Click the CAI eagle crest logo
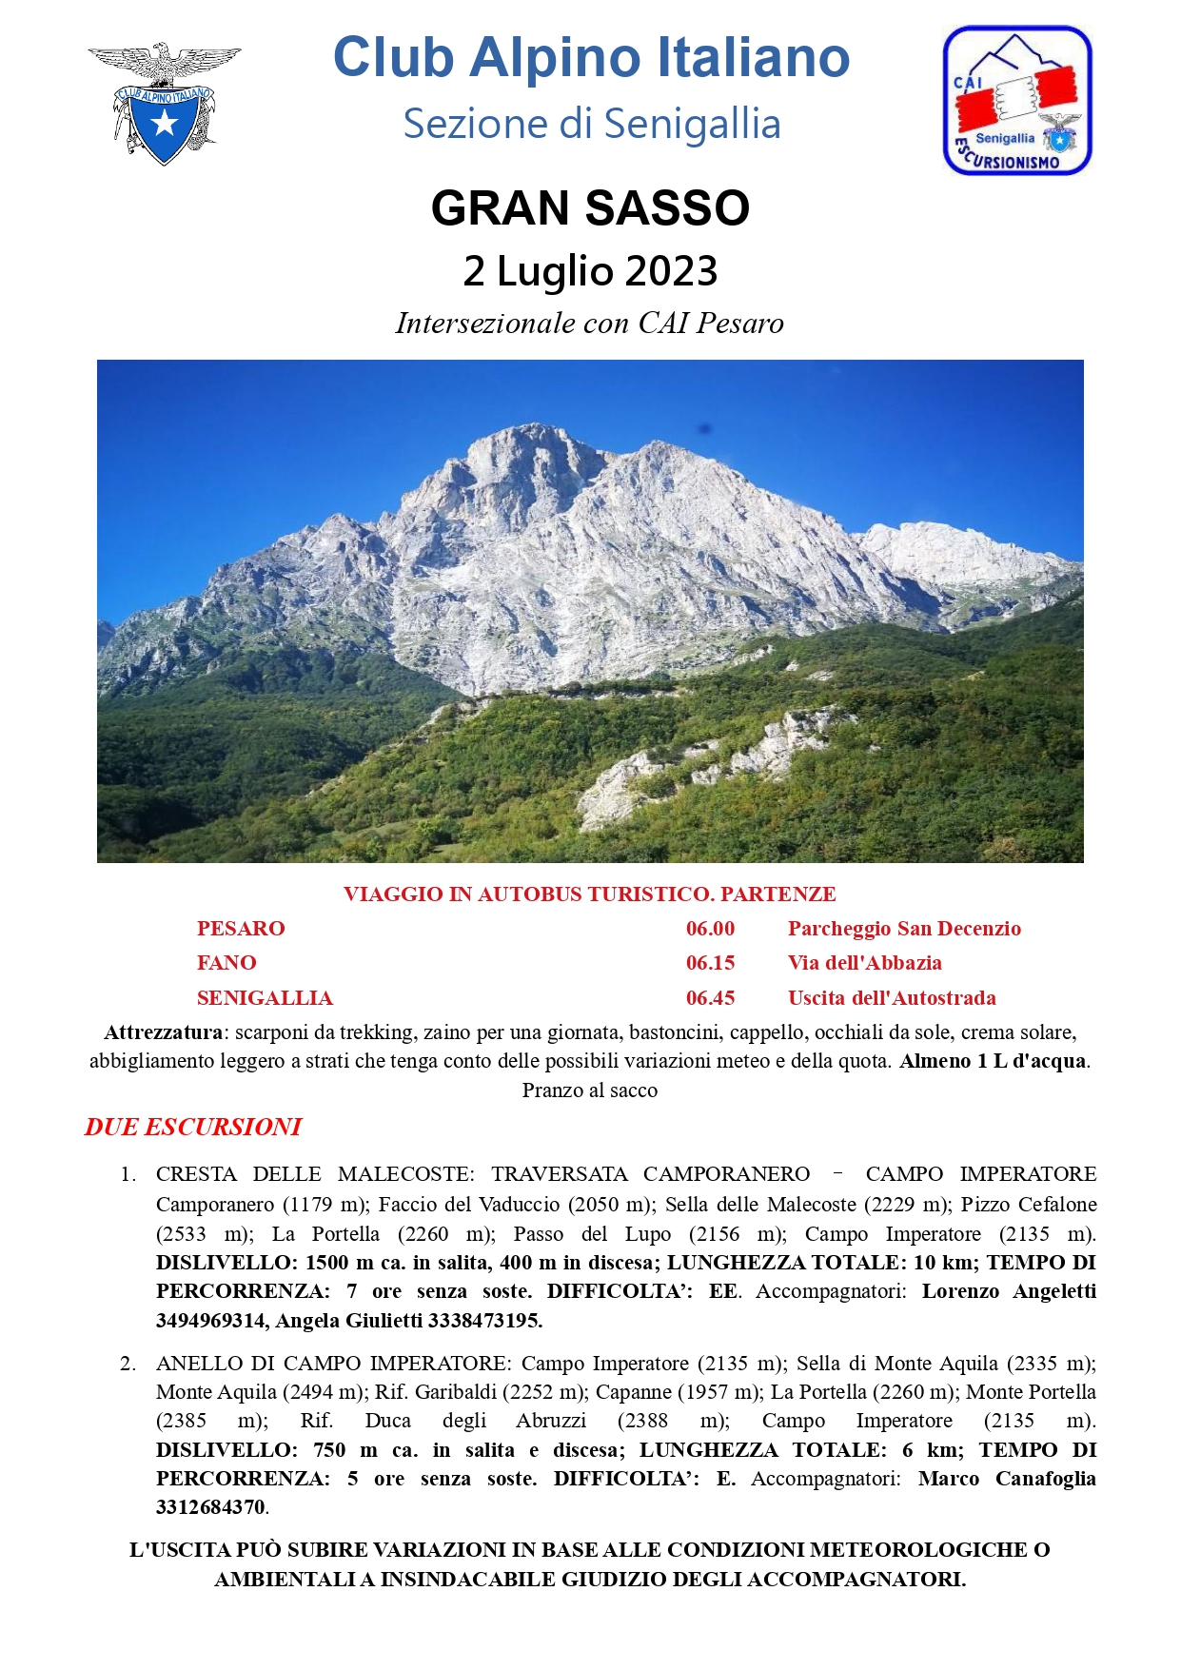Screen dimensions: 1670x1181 coord(164,103)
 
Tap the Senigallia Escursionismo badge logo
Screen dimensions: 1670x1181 coord(1016,101)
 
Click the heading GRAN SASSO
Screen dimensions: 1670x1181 coord(590,208)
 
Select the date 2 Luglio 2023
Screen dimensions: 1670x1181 coord(590,271)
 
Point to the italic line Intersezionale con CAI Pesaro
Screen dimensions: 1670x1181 coord(590,324)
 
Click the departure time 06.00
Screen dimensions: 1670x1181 coord(710,929)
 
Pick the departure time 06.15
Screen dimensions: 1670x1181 coord(710,963)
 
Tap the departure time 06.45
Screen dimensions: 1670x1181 coord(710,998)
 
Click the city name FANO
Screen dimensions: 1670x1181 coord(226,963)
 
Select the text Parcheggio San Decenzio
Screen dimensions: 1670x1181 coord(904,929)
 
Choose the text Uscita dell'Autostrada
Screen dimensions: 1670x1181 coord(892,998)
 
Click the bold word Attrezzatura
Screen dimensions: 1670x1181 coord(163,1032)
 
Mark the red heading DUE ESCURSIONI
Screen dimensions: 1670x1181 coord(193,1128)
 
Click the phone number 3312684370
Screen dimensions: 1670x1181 coord(210,1507)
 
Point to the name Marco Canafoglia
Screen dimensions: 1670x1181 coord(1007,1479)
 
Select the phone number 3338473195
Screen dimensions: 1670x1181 coord(483,1321)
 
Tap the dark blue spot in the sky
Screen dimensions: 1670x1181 coord(704,428)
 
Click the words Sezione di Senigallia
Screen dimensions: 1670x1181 coord(591,124)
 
